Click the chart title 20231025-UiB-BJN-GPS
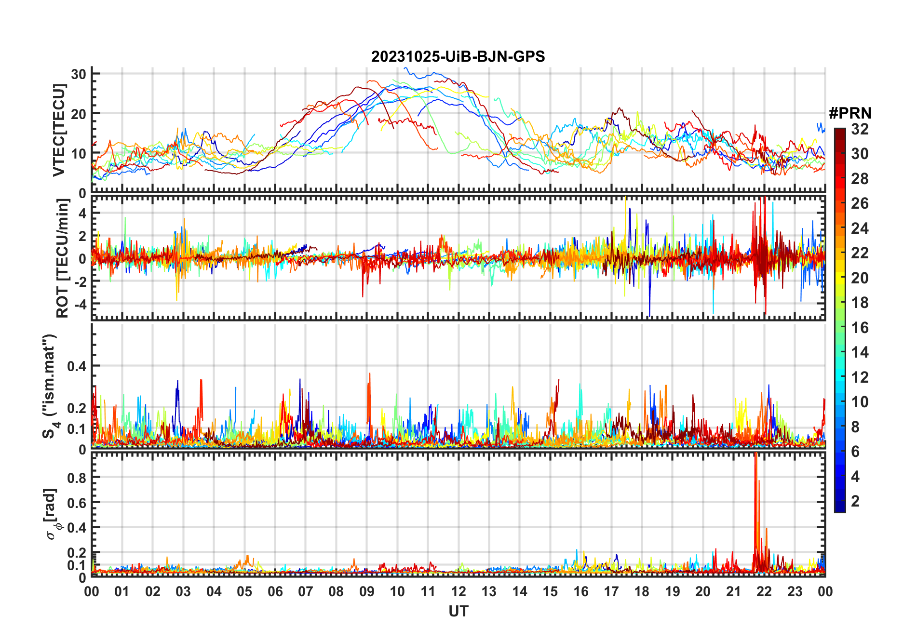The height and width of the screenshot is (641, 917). pyautogui.click(x=458, y=57)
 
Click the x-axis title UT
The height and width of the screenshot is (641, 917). pyautogui.click(x=458, y=611)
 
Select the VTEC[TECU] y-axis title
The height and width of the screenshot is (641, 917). pyautogui.click(x=59, y=130)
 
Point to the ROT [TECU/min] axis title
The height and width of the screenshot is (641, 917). pyautogui.click(x=63, y=258)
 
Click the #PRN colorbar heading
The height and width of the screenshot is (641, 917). pyautogui.click(x=850, y=113)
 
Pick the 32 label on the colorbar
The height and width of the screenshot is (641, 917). pyautogui.click(x=860, y=129)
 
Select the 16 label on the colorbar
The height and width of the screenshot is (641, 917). pyautogui.click(x=860, y=328)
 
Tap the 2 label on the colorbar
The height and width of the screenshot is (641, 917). pyautogui.click(x=855, y=501)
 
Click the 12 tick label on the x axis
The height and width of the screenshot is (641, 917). pyautogui.click(x=458, y=591)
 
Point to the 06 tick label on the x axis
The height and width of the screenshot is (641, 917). pyautogui.click(x=275, y=591)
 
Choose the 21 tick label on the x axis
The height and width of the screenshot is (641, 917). pyautogui.click(x=733, y=591)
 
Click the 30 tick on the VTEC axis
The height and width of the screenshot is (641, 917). pyautogui.click(x=79, y=74)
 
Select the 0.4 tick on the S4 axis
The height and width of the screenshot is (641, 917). pyautogui.click(x=77, y=366)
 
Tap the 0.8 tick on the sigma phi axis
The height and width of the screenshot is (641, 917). pyautogui.click(x=77, y=478)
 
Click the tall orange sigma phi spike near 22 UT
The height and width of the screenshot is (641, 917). pyautogui.click(x=755, y=482)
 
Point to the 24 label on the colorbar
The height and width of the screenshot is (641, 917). pyautogui.click(x=860, y=228)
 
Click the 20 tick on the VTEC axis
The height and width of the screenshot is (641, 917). pyautogui.click(x=79, y=114)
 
